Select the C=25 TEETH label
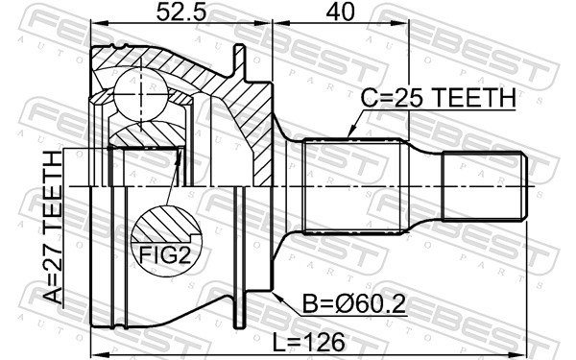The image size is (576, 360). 438,98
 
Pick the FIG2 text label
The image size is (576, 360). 165,256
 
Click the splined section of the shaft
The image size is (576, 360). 349,185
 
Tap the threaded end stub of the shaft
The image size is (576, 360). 485,185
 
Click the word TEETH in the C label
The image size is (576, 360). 481,98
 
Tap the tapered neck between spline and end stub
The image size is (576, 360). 420,185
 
